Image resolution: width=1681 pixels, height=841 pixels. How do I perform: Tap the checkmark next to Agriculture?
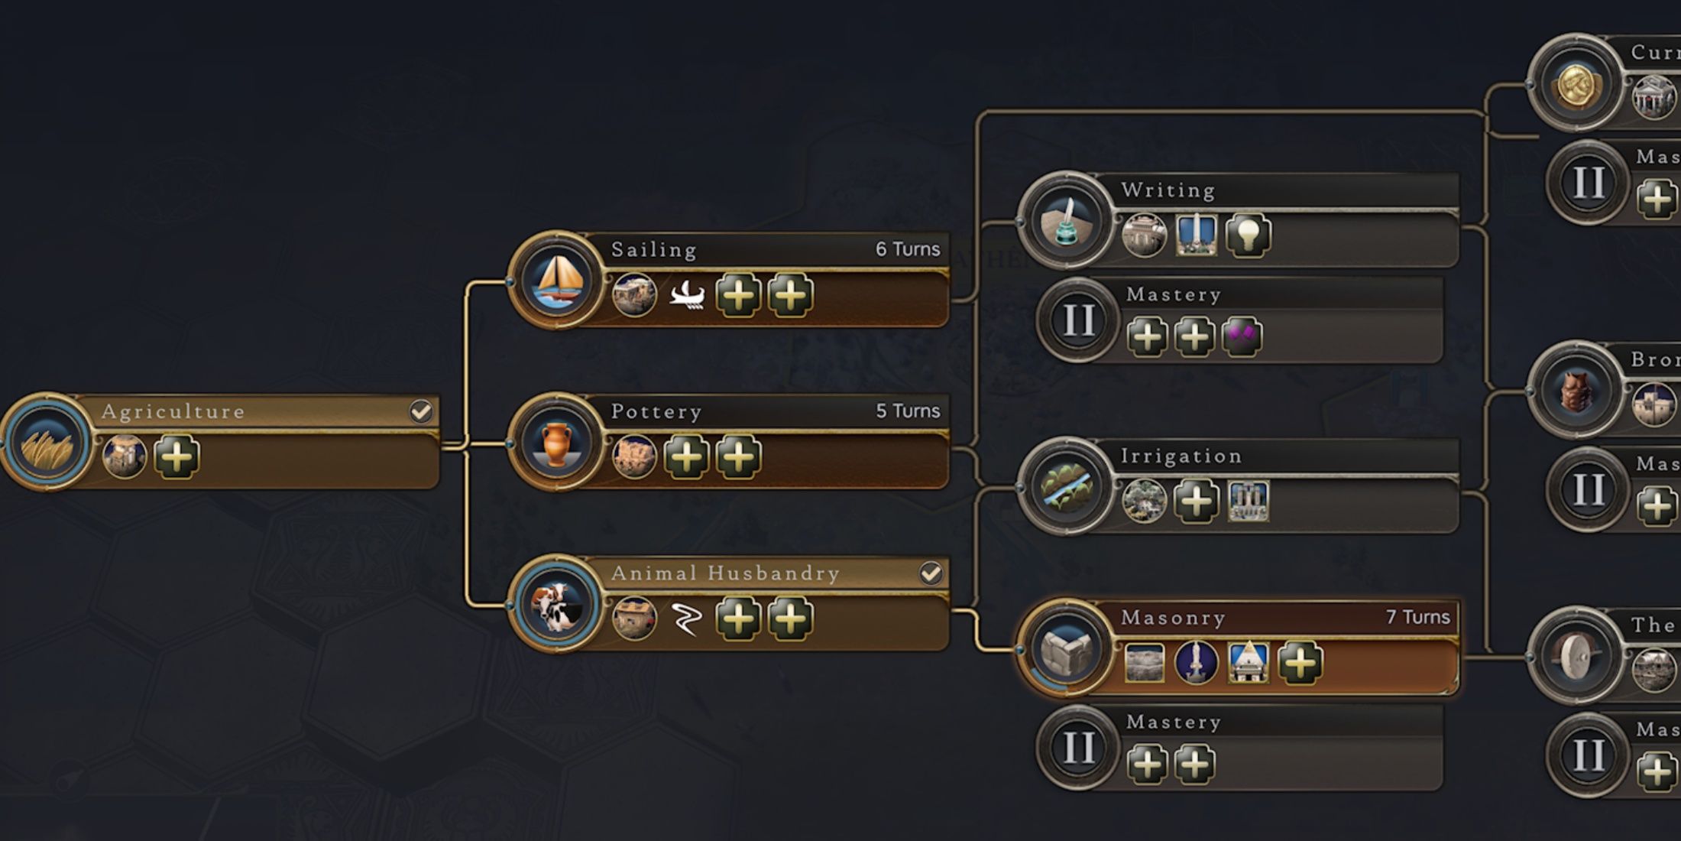420,411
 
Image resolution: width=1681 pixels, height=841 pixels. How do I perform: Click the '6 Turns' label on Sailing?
907,249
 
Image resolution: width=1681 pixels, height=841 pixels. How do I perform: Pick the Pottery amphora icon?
556,443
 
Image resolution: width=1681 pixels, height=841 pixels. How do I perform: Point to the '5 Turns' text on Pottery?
907,411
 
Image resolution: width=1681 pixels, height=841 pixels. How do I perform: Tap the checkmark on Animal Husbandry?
930,573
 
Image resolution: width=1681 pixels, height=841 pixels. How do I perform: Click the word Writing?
1168,190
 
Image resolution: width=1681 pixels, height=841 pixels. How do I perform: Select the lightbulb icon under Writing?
1248,235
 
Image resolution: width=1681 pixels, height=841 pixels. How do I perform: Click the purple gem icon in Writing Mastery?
1241,336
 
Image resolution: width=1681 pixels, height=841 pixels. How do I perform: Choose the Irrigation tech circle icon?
1066,487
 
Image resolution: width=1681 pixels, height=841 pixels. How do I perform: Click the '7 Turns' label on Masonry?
1417,617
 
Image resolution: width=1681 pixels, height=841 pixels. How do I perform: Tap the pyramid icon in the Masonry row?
1248,662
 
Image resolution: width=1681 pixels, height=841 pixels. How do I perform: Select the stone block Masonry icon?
1066,649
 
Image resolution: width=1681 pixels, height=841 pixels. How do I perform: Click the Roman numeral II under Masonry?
1078,748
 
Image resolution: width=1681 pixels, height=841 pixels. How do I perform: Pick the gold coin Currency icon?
1576,83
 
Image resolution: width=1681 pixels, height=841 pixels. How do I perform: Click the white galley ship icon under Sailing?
686,295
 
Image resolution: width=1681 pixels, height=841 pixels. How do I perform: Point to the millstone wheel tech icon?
1576,656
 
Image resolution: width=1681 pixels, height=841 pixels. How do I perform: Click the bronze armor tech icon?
1576,391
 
